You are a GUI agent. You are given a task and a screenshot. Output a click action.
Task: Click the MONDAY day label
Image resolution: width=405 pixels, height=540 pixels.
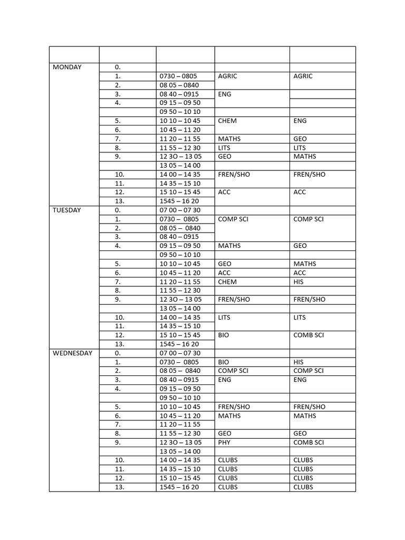67,67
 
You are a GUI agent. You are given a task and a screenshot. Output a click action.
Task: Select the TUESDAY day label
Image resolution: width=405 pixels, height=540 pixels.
67,210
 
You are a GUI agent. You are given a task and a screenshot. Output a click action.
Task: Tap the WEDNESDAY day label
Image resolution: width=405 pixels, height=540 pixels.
73,353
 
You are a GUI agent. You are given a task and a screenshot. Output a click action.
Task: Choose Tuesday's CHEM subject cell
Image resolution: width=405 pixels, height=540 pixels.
227,282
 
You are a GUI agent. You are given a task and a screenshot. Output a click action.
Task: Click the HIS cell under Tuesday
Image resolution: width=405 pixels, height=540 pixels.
299,282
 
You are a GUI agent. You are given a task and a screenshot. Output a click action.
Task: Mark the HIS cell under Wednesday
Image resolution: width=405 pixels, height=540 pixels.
299,362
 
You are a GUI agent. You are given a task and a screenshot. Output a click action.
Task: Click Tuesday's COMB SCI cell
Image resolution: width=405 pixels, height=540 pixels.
308,335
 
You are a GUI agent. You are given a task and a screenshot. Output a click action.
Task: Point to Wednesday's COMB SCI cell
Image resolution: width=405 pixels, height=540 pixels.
308,442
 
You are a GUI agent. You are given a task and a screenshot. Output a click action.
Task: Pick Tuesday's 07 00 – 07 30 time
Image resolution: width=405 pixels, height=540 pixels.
180,210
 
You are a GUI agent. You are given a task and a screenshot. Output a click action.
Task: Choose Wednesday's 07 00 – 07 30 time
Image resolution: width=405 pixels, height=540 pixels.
180,353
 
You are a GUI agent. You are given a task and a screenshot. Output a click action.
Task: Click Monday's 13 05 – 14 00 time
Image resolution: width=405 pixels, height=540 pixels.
180,165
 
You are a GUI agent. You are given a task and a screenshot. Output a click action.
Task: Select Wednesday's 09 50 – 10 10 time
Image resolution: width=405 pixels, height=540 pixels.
180,398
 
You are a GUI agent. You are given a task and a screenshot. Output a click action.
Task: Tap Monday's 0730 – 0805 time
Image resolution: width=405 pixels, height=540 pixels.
178,76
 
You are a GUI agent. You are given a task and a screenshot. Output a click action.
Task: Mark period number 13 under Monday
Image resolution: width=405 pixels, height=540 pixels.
119,201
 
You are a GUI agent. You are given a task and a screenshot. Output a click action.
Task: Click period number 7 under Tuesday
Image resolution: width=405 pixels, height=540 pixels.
118,282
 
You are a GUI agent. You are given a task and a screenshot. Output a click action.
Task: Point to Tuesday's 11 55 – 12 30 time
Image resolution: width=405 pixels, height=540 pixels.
180,291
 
